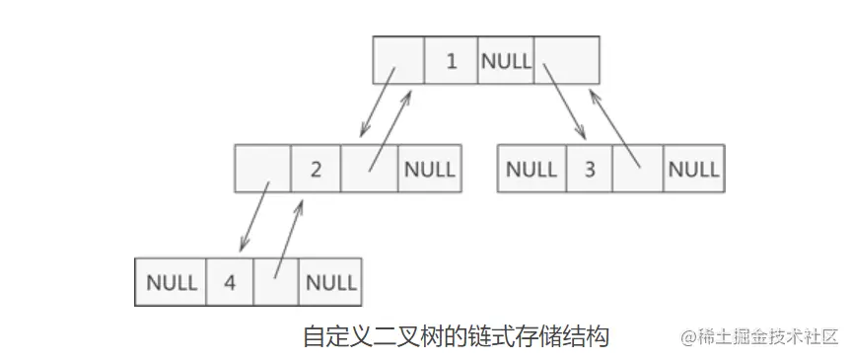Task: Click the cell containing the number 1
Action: pyautogui.click(x=451, y=60)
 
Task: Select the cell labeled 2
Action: pyautogui.click(x=316, y=169)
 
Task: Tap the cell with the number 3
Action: pyautogui.click(x=590, y=169)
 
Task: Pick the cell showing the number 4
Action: pyautogui.click(x=230, y=282)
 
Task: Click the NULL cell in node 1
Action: pyautogui.click(x=506, y=60)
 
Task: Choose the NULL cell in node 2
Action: pyautogui.click(x=427, y=169)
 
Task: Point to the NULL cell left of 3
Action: pyautogui.click(x=532, y=169)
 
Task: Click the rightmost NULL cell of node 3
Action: pyautogui.click(x=693, y=169)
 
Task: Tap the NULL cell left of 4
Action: pyautogui.click(x=172, y=282)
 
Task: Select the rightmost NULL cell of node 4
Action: pyautogui.click(x=330, y=282)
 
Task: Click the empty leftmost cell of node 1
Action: pyautogui.click(x=398, y=60)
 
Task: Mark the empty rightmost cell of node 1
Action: pyautogui.click(x=567, y=60)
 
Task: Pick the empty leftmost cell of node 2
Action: pyautogui.click(x=262, y=169)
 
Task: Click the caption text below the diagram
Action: pyautogui.click(x=456, y=336)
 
